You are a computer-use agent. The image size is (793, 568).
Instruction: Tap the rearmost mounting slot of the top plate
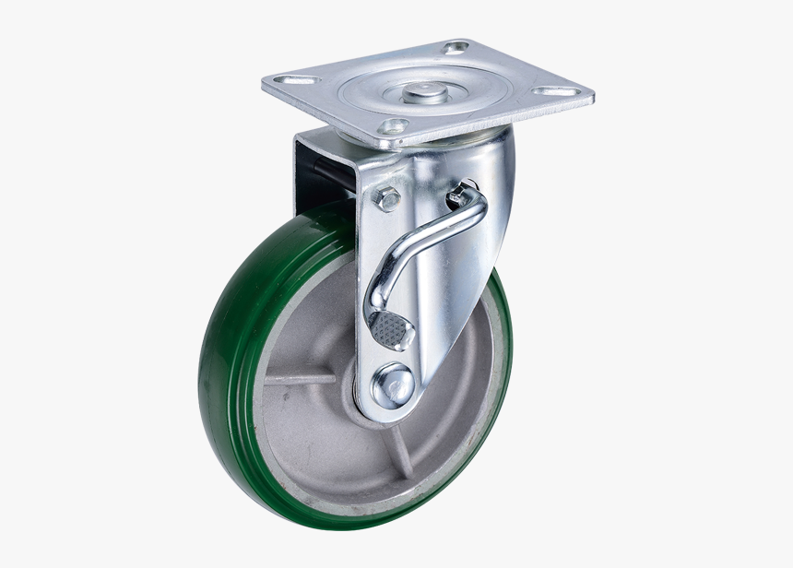[456, 47]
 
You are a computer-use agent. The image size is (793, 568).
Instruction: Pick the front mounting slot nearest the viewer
[394, 125]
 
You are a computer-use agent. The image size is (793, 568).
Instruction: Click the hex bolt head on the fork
[387, 197]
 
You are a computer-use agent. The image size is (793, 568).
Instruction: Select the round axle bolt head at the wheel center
[395, 384]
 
